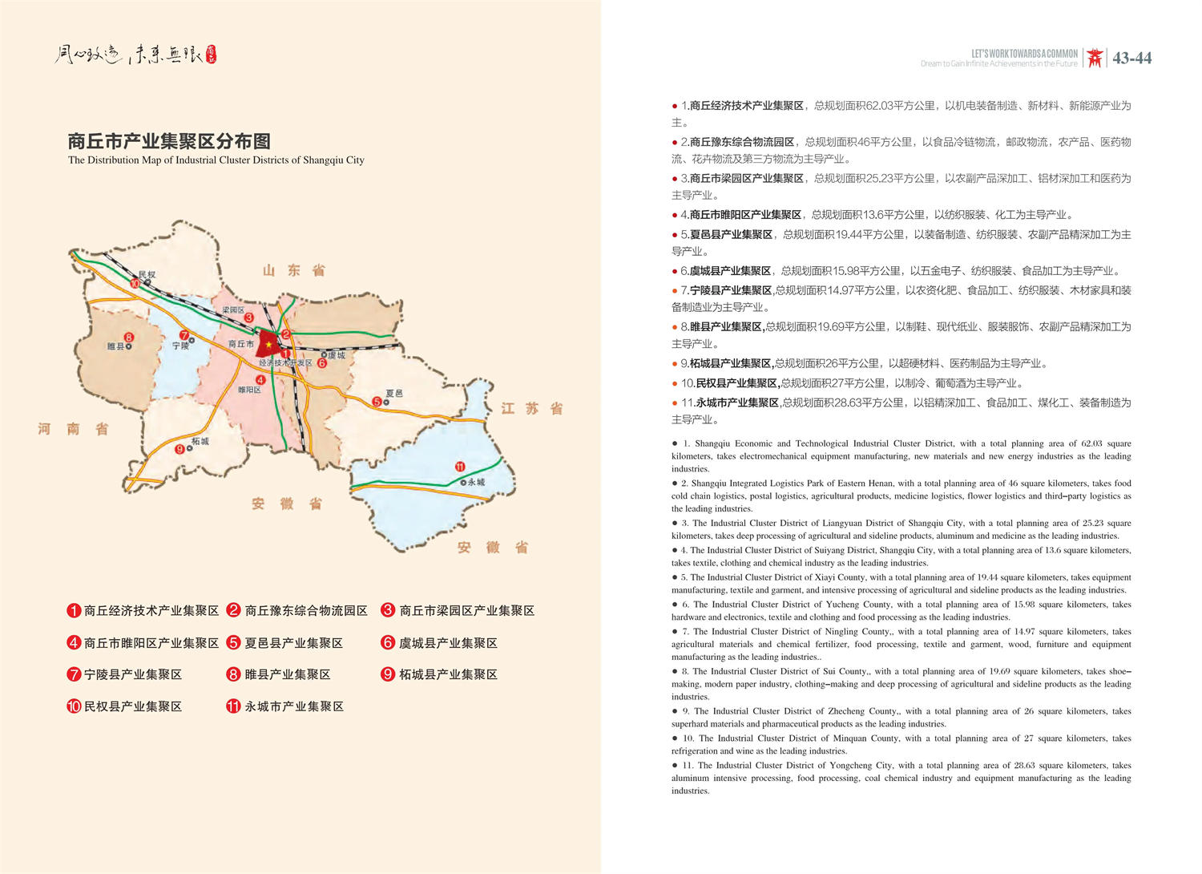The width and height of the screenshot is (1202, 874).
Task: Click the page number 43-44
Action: click(1131, 58)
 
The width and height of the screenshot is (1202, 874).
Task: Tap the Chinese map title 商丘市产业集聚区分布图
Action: click(169, 142)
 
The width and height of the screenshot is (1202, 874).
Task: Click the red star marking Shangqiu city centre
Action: click(268, 345)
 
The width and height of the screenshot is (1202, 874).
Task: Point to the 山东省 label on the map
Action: click(294, 271)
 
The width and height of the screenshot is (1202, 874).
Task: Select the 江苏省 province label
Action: click(531, 409)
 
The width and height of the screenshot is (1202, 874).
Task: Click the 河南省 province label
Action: click(73, 429)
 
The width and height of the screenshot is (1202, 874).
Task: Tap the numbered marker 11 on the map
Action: click(459, 467)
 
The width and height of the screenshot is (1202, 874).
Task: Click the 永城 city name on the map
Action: click(476, 482)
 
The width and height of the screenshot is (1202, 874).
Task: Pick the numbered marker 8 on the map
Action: click(128, 338)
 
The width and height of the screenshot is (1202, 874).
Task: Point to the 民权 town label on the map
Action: click(147, 274)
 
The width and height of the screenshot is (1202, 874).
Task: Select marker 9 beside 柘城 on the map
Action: click(180, 449)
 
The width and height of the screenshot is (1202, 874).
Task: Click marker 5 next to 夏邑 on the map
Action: click(377, 401)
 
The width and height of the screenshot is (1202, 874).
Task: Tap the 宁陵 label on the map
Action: click(181, 346)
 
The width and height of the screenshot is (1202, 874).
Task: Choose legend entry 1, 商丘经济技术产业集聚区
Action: click(143, 611)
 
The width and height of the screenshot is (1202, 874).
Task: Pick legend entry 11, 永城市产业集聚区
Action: click(285, 706)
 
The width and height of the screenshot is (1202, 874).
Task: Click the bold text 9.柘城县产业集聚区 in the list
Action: click(727, 363)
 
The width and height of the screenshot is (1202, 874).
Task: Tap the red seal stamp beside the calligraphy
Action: click(211, 54)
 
